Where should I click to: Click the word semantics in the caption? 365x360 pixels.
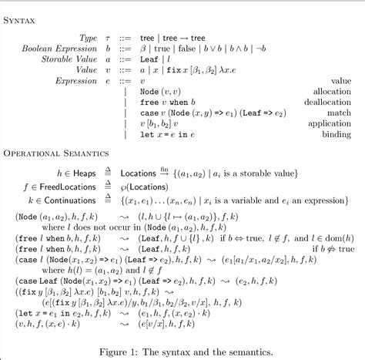tap(249, 351)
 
